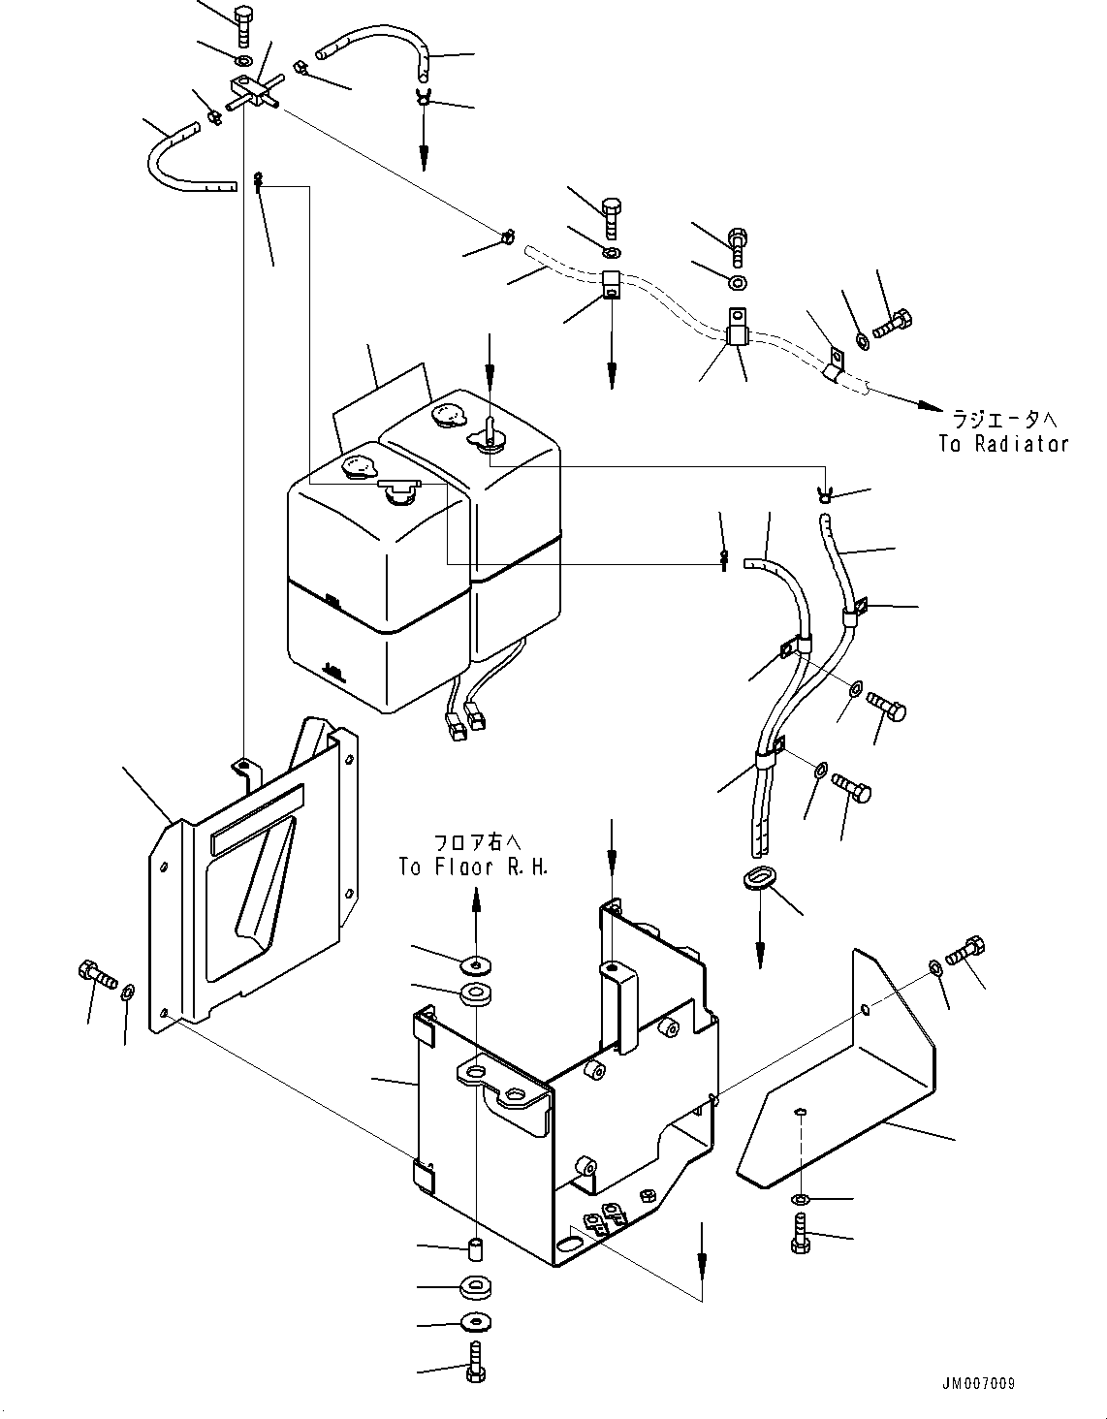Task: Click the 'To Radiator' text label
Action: click(1002, 444)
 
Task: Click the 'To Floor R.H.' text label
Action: click(473, 867)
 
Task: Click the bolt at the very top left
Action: click(242, 21)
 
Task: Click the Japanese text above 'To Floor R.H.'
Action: click(473, 842)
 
